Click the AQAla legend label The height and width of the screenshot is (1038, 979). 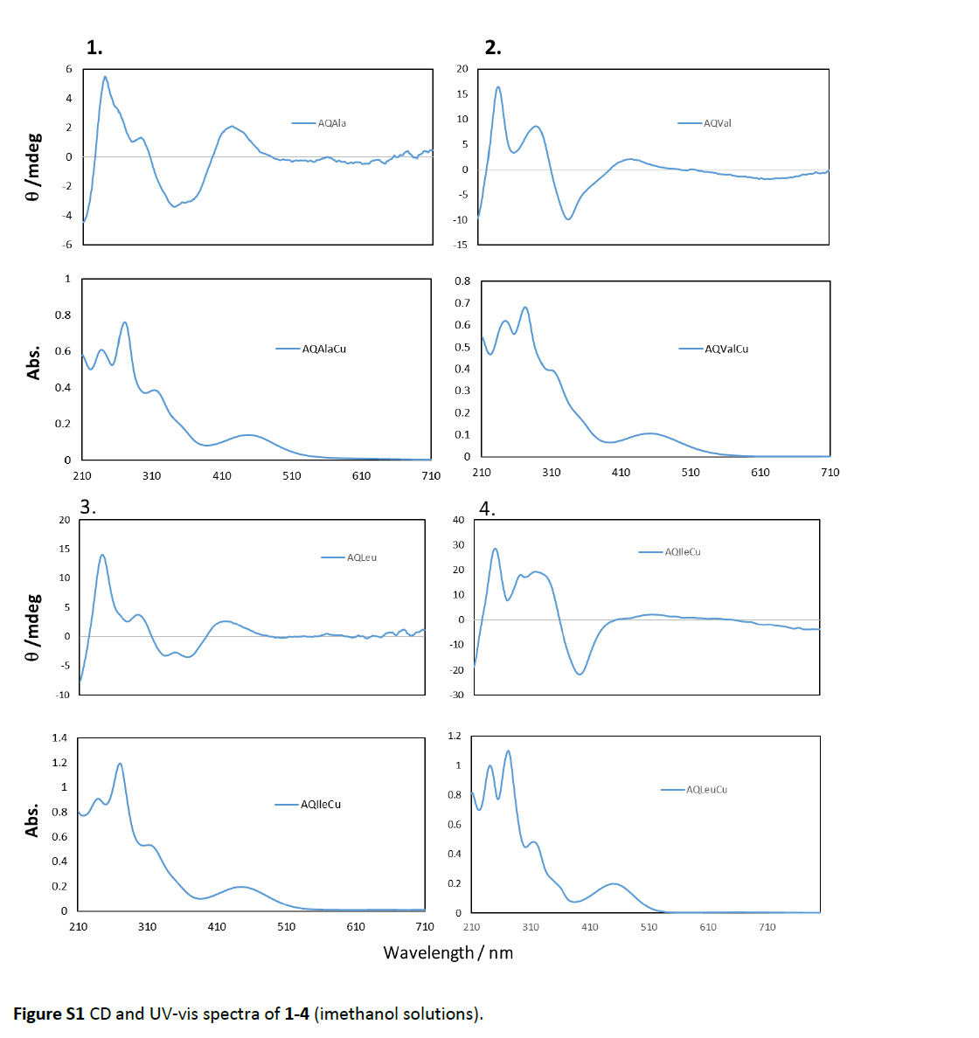(331, 123)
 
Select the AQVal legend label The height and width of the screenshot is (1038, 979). (717, 123)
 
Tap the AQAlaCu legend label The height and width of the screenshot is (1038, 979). (323, 349)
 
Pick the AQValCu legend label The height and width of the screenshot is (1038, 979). (726, 349)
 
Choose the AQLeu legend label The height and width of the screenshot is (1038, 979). (361, 557)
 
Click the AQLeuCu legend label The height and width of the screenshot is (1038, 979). (706, 789)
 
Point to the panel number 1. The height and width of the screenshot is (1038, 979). (94, 48)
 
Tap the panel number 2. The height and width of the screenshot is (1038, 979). (493, 48)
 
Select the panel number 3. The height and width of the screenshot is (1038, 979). (87, 507)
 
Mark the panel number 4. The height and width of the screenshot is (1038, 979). (487, 509)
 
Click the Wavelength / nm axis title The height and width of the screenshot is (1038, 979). (448, 952)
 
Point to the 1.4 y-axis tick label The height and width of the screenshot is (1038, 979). (59, 737)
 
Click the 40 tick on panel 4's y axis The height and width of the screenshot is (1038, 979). (458, 520)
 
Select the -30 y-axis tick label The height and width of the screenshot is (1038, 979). (456, 695)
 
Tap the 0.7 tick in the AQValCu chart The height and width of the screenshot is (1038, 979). (462, 303)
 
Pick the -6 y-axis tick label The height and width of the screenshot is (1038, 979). (66, 244)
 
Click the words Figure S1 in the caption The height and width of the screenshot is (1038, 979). (49, 1014)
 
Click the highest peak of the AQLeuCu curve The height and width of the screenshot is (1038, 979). (508, 751)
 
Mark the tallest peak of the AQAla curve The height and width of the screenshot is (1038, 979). (105, 77)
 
